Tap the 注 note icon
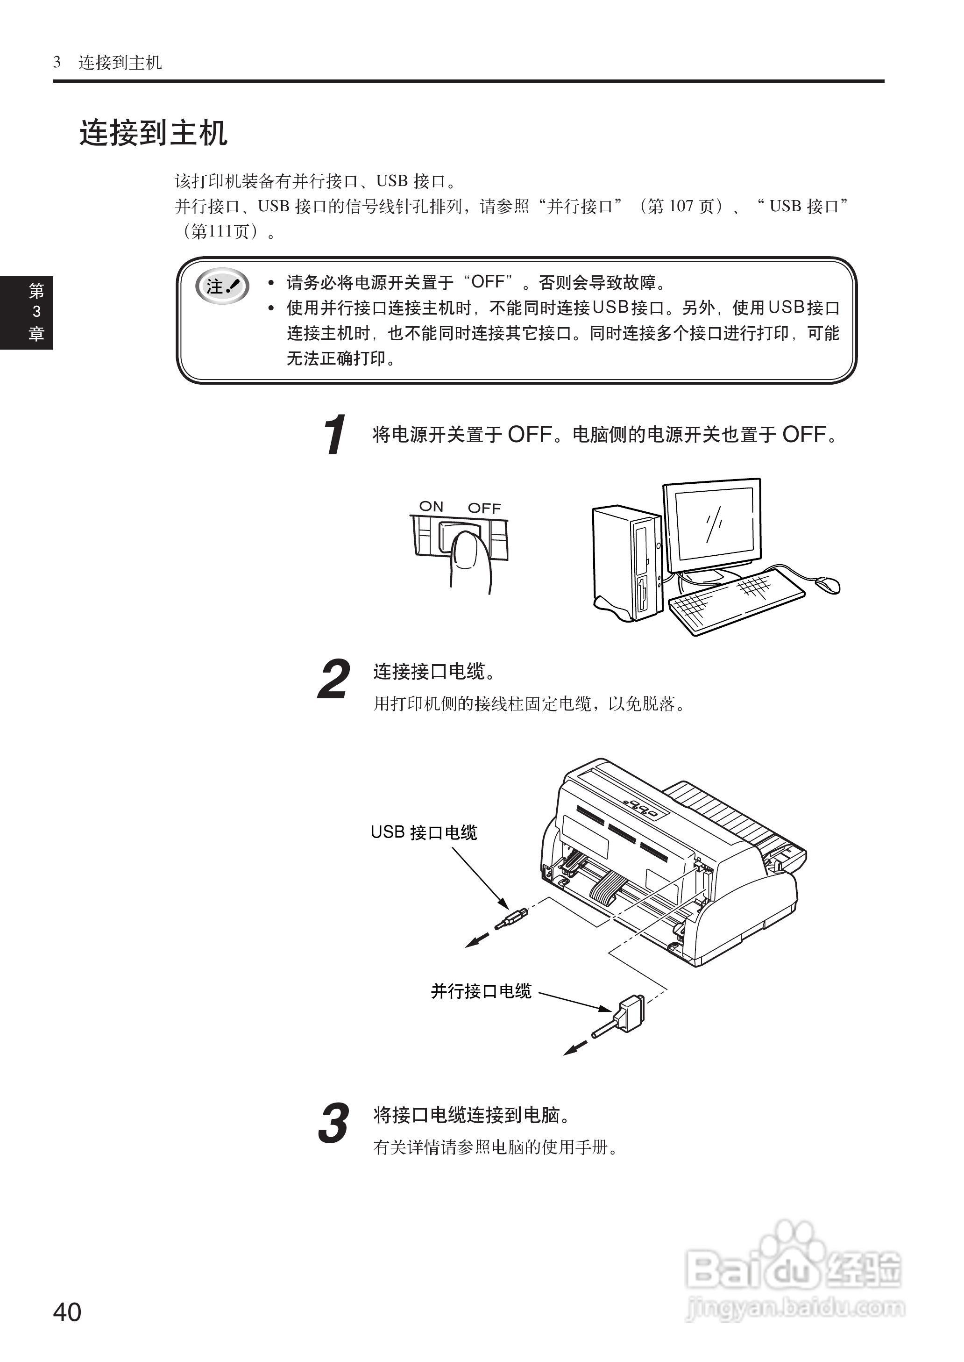(x=222, y=287)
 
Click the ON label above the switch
(x=431, y=506)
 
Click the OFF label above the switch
(x=484, y=508)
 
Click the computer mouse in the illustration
(x=828, y=584)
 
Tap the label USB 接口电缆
(x=424, y=832)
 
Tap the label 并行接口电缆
(x=481, y=991)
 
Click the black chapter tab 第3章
(x=26, y=312)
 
